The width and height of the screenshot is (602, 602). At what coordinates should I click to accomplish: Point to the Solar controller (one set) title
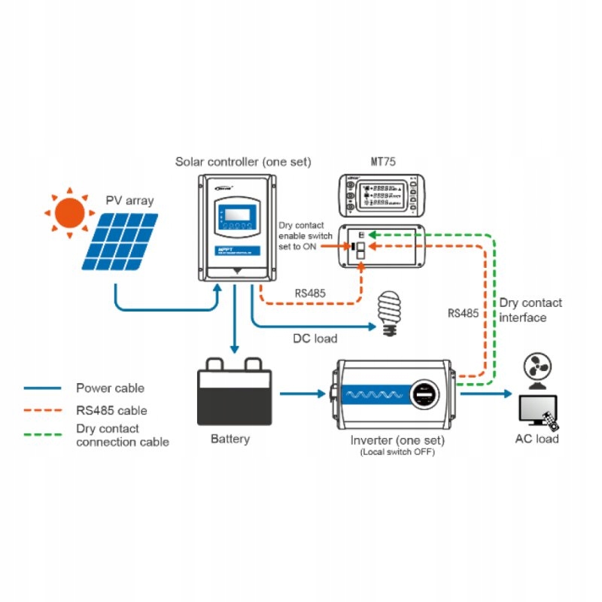242,161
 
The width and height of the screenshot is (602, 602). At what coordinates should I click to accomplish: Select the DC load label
315,338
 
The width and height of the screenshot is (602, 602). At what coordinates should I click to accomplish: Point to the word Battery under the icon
230,439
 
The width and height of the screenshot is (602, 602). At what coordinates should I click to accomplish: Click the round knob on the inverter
424,395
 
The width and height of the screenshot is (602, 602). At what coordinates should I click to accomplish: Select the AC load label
537,439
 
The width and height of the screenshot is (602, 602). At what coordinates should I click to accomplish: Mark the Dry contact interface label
530,310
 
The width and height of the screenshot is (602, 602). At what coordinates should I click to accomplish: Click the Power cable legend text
110,388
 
